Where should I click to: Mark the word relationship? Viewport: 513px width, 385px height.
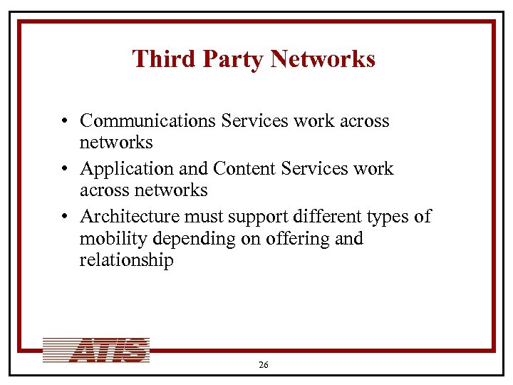[126, 260]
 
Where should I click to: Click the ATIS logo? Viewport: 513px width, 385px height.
[96, 350]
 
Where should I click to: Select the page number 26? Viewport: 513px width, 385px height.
[264, 365]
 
